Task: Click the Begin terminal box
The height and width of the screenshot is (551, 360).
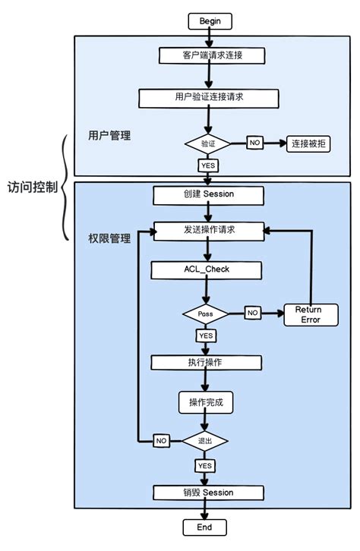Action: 210,20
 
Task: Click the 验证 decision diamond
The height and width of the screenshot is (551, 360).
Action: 208,143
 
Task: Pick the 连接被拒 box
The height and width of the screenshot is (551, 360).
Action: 308,143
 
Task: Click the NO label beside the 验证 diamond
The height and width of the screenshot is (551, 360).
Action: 254,143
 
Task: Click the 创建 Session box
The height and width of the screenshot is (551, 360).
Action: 208,194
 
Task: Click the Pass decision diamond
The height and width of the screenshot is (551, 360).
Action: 205,313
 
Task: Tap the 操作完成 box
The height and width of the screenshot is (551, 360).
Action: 206,401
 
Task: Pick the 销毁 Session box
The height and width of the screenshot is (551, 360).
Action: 207,493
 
